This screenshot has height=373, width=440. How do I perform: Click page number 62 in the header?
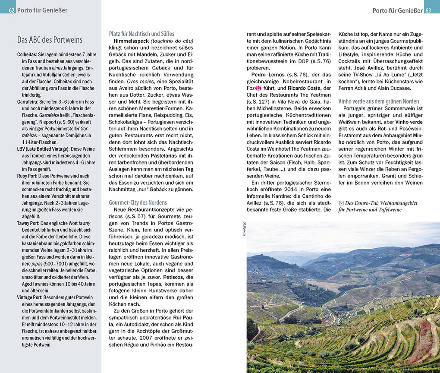[11, 10]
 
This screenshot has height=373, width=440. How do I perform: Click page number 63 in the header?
[429, 10]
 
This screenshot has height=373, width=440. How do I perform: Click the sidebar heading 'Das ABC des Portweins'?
[50, 40]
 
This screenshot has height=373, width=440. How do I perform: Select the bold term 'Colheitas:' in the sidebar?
[27, 55]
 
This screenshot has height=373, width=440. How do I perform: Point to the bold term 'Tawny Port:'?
[30, 223]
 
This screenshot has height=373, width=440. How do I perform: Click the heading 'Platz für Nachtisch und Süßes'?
[141, 34]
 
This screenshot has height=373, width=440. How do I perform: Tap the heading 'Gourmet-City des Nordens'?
[138, 202]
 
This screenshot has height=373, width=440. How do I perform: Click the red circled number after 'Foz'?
[258, 89]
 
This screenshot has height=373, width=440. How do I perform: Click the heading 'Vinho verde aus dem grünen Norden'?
[378, 101]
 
